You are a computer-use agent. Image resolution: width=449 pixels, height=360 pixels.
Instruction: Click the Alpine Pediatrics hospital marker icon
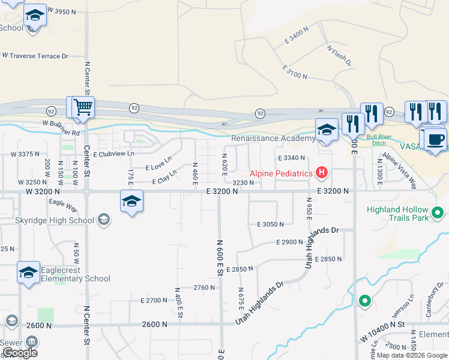point(322,174)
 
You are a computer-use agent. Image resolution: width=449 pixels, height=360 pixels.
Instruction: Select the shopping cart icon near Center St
point(83,108)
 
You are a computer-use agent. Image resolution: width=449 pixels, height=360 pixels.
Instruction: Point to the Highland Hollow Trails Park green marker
point(438,212)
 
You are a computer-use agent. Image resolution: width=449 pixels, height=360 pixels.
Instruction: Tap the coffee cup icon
point(436,140)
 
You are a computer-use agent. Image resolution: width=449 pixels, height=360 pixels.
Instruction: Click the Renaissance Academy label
point(273,139)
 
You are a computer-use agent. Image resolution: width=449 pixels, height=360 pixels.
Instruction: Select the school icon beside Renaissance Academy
point(327,130)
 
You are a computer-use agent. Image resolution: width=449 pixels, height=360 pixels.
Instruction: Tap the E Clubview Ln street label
point(113,154)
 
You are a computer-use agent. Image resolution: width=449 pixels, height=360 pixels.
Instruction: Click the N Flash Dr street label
point(339,55)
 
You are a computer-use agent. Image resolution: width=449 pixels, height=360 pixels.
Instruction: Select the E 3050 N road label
point(270,224)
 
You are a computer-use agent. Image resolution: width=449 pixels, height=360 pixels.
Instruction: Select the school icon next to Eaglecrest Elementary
point(28,273)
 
